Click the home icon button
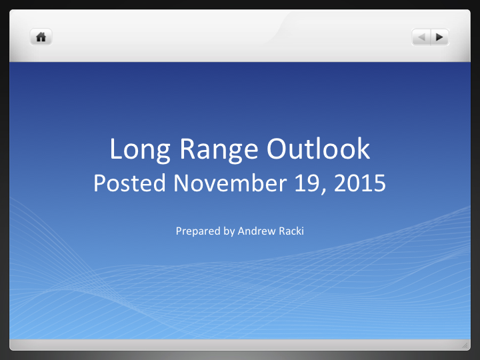pyautogui.click(x=41, y=37)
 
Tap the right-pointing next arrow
pyautogui.click(x=439, y=37)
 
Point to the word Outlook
pyautogui.click(x=319, y=149)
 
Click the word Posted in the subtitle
pyautogui.click(x=130, y=183)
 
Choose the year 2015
pyautogui.click(x=360, y=183)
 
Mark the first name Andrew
pyautogui.click(x=256, y=231)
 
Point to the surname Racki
pyautogui.click(x=290, y=231)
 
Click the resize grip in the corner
pyautogui.click(x=465, y=345)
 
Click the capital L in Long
pyautogui.click(x=116, y=149)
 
